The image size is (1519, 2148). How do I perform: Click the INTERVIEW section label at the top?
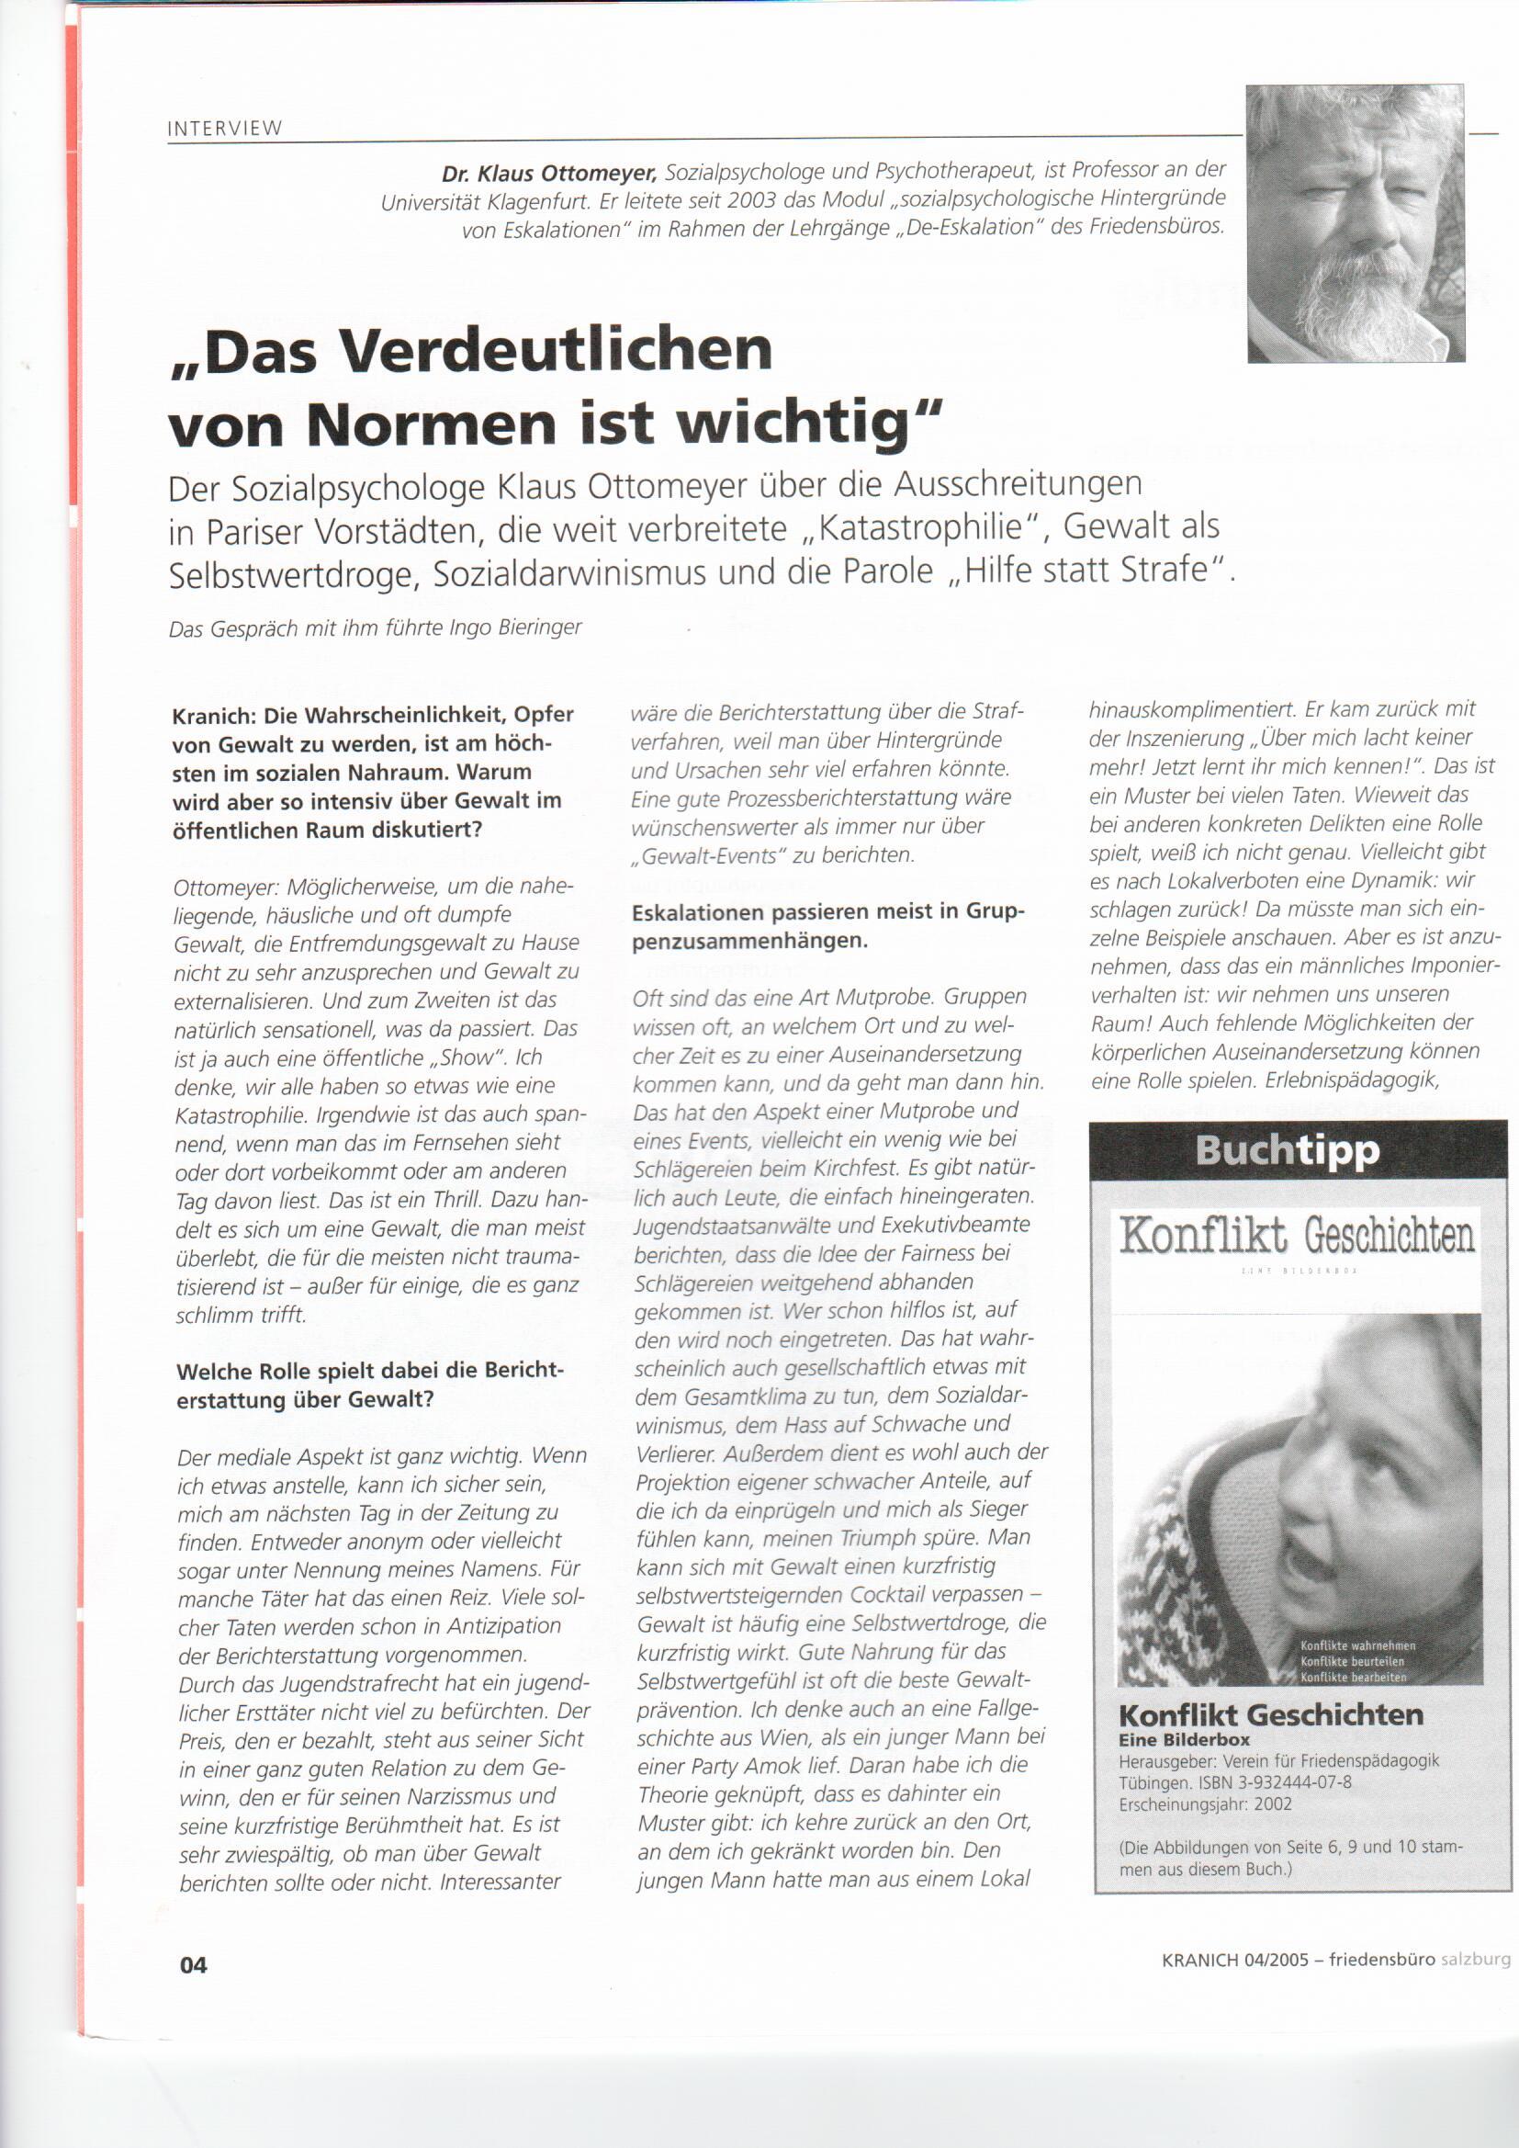click(x=224, y=129)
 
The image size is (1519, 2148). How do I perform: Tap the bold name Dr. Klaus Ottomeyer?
click(x=550, y=173)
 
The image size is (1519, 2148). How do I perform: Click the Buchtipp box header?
click(x=1287, y=1150)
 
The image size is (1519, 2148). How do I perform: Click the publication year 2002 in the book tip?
click(x=1273, y=1804)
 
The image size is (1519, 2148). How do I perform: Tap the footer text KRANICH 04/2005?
click(x=1234, y=1960)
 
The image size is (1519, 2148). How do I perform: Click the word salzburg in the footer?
click(x=1475, y=1959)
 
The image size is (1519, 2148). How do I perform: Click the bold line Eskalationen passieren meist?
click(x=827, y=912)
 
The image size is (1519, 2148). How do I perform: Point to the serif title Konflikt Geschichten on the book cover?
click(x=1298, y=1236)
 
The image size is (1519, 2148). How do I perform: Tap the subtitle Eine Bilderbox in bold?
click(x=1184, y=1740)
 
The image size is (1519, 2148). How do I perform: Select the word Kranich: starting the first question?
click(x=213, y=716)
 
